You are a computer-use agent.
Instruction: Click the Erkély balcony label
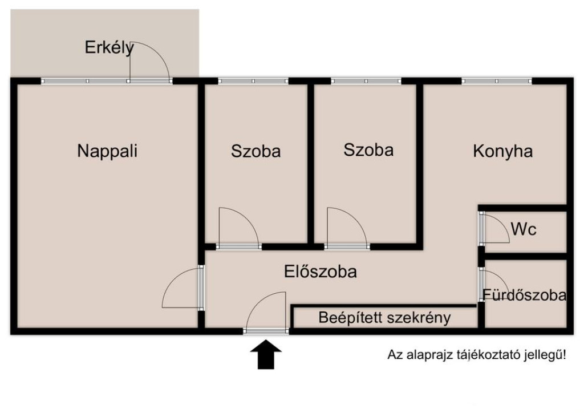109,48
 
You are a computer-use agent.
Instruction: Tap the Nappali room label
107,151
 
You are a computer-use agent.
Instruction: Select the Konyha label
503,152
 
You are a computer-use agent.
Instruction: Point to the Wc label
524,229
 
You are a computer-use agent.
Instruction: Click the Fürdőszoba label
525,295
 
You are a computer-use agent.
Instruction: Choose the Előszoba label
321,272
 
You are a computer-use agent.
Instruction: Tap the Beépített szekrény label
385,318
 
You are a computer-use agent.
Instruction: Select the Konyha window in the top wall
497,81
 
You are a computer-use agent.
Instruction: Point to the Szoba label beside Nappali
255,152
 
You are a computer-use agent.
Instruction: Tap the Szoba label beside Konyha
368,150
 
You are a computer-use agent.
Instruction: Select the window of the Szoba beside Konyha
366,81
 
